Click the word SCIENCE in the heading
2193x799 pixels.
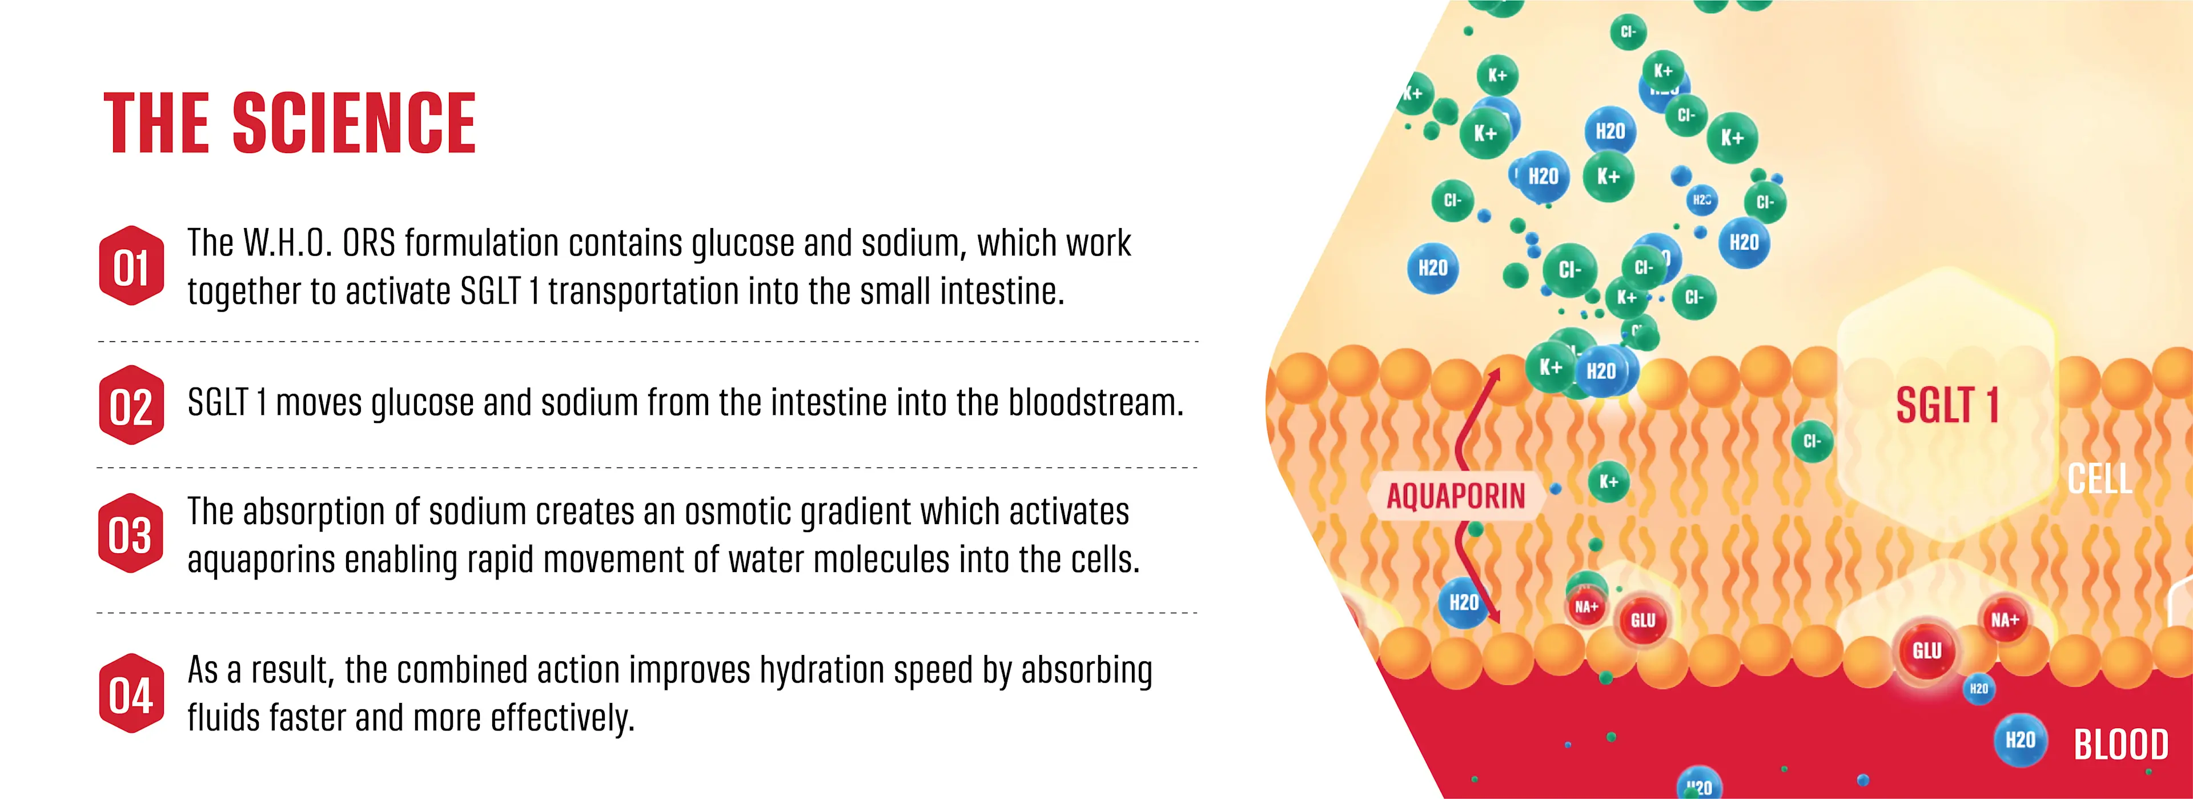pos(354,123)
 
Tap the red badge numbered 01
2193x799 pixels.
pos(131,266)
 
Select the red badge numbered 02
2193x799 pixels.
pos(131,405)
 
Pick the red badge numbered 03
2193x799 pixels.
pos(131,533)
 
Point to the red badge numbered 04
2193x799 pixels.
pos(131,693)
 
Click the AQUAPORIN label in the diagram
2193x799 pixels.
pos(1456,496)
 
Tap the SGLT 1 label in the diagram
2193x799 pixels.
pos(1946,405)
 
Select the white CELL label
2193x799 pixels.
pos(2100,479)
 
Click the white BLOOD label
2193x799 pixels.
pos(2120,745)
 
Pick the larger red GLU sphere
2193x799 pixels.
pos(1927,652)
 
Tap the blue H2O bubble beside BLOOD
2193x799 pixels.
pos(2020,740)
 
